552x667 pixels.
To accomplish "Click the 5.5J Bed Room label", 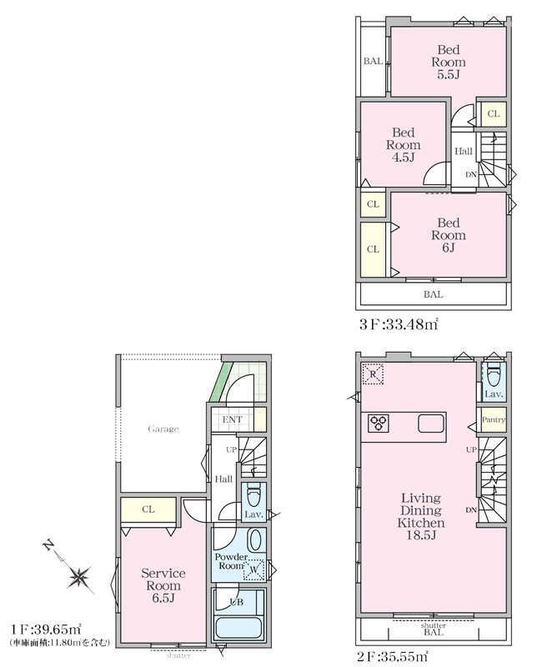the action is click(x=449, y=62).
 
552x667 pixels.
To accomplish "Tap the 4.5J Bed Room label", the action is click(x=403, y=144).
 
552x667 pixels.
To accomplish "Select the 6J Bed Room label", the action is click(x=449, y=235).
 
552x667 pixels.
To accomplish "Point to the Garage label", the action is click(x=163, y=429).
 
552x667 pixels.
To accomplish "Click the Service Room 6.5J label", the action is click(x=163, y=585).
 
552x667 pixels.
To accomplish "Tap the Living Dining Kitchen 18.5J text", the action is click(x=421, y=516).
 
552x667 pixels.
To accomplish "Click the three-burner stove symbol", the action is click(x=378, y=424).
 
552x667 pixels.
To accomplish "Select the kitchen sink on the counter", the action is click(x=431, y=424).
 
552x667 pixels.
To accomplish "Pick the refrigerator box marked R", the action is click(x=373, y=374).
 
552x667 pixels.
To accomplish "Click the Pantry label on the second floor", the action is click(x=494, y=419).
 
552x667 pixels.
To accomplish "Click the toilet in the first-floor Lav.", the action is click(x=253, y=494).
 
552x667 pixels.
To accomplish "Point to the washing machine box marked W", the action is click(x=253, y=569).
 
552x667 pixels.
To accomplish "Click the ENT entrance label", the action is click(x=232, y=419).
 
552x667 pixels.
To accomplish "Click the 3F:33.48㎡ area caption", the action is click(x=399, y=324).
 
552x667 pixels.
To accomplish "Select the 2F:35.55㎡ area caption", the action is click(x=392, y=656).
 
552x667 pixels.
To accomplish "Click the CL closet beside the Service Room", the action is click(x=148, y=509).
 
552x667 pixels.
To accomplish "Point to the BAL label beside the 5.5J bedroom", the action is click(x=373, y=61).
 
